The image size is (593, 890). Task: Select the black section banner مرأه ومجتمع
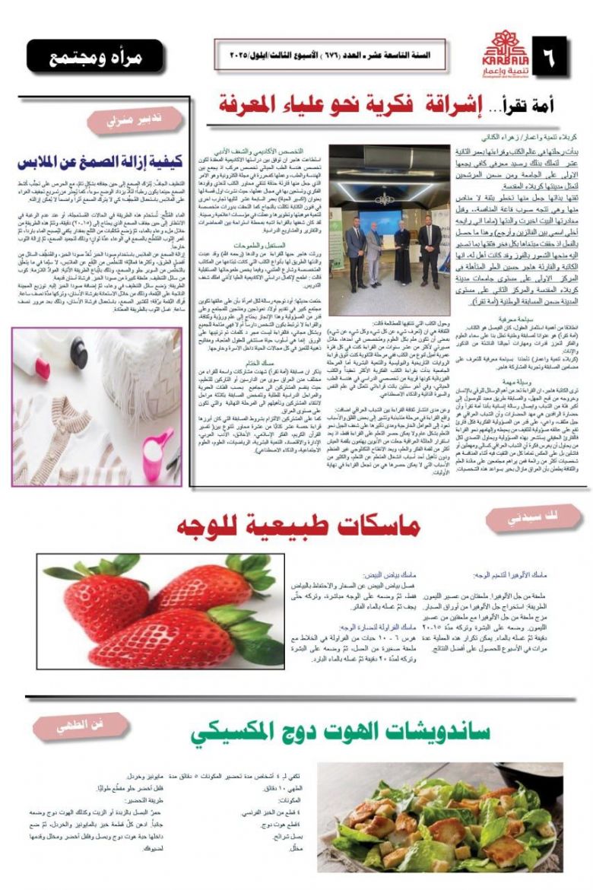[94, 58]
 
